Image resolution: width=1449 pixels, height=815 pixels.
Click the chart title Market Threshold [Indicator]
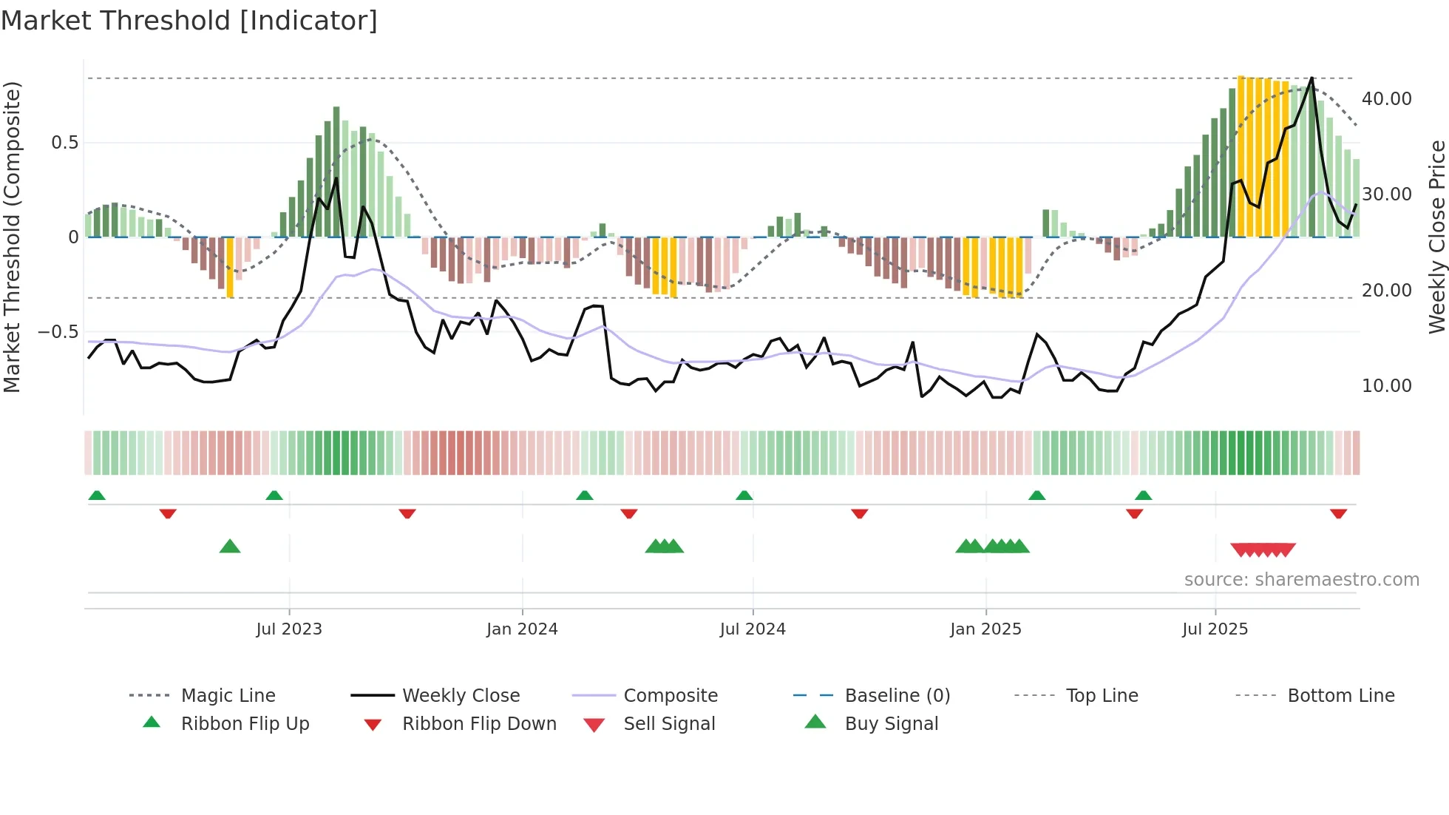[x=189, y=21]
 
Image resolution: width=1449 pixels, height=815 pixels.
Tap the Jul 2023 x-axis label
[x=289, y=629]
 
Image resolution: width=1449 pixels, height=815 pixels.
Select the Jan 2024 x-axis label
[x=522, y=629]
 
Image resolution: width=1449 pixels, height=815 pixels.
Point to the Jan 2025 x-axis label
[x=985, y=629]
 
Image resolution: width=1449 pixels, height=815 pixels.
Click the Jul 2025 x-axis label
[x=1215, y=629]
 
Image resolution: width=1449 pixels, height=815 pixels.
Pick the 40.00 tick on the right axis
[x=1386, y=98]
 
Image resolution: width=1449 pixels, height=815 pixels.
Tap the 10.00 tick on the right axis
[x=1386, y=385]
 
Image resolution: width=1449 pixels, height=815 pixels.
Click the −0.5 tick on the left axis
[x=58, y=331]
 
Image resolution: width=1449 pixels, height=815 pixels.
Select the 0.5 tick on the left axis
[x=65, y=142]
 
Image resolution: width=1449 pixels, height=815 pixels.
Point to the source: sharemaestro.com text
[x=1301, y=579]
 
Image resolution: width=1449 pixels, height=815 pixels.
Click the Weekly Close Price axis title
[x=1436, y=237]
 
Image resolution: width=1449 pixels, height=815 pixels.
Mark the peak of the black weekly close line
[x=1311, y=78]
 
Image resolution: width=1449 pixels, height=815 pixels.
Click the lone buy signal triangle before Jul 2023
[x=230, y=547]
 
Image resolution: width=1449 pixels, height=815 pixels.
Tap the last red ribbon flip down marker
[x=1338, y=513]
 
